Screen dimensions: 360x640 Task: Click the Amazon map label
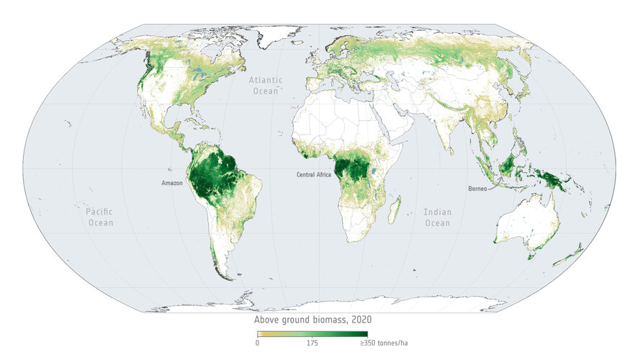[171, 184]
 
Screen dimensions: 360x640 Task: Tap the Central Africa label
[313, 175]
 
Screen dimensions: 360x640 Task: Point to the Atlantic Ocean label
[266, 86]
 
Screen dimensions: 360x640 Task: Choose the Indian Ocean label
[437, 218]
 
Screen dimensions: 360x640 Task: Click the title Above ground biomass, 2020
[312, 320]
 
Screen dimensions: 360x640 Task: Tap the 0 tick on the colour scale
[257, 343]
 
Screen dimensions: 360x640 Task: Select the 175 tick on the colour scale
[312, 343]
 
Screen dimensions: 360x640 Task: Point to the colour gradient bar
[312, 334]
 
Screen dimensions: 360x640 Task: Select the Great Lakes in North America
[196, 77]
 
